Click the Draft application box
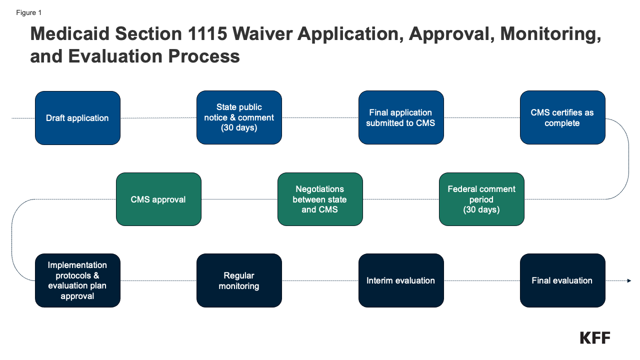coord(77,118)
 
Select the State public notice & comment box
coord(239,118)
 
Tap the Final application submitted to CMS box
coord(401,118)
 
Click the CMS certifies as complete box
coord(562,118)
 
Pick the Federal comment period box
coord(481,199)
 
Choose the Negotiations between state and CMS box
coord(320,199)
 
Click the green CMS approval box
coord(158,199)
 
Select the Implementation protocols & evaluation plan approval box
coord(77,280)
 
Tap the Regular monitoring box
coord(239,280)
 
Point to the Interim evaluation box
coord(401,280)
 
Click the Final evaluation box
coord(562,280)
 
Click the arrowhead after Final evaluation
coord(629,280)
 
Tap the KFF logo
coord(595,337)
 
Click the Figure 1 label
coord(29,13)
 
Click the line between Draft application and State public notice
coord(158,118)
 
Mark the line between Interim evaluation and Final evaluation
coord(481,280)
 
